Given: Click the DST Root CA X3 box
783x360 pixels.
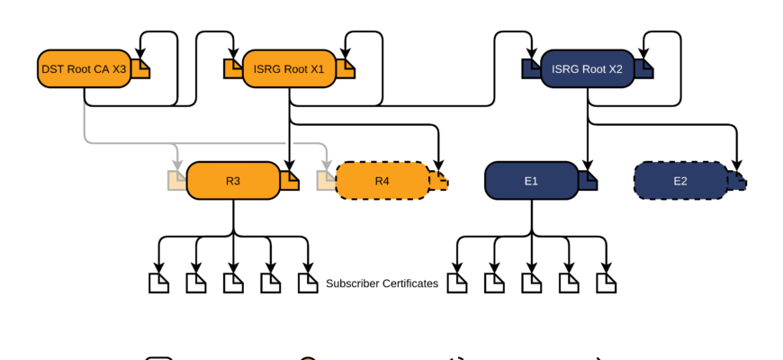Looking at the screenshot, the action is pos(84,69).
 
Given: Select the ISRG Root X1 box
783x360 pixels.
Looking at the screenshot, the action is pos(289,69).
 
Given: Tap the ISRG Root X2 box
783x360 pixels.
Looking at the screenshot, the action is pos(587,69).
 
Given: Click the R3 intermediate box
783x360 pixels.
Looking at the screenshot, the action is pos(233,181).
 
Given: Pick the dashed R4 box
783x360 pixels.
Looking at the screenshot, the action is pos(382,181).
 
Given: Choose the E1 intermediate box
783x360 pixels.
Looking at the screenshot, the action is pos(531,181).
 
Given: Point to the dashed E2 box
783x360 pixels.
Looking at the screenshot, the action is pos(680,181).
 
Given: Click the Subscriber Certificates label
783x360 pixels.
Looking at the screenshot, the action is pos(382,283).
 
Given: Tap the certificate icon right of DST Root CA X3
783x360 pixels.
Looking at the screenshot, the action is pos(140,69).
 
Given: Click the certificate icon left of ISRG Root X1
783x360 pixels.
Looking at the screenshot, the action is pos(233,69).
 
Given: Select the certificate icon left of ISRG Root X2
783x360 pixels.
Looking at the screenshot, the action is pos(531,69).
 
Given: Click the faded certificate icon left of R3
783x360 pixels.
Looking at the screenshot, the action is pos(177,181).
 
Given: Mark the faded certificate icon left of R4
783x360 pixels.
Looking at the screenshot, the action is pos(327,181).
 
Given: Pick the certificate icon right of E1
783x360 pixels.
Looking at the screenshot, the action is pos(588,181).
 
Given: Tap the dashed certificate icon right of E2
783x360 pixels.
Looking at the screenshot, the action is pos(737,181).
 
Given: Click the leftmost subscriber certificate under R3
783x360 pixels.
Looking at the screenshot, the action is pos(158,283).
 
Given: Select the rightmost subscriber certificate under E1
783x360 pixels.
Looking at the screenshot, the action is pos(607,283).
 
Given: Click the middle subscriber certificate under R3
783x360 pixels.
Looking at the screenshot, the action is pos(233,283).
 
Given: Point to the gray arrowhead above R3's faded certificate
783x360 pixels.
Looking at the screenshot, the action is pos(177,166).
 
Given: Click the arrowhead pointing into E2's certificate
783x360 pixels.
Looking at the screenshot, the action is pos(737,166).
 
